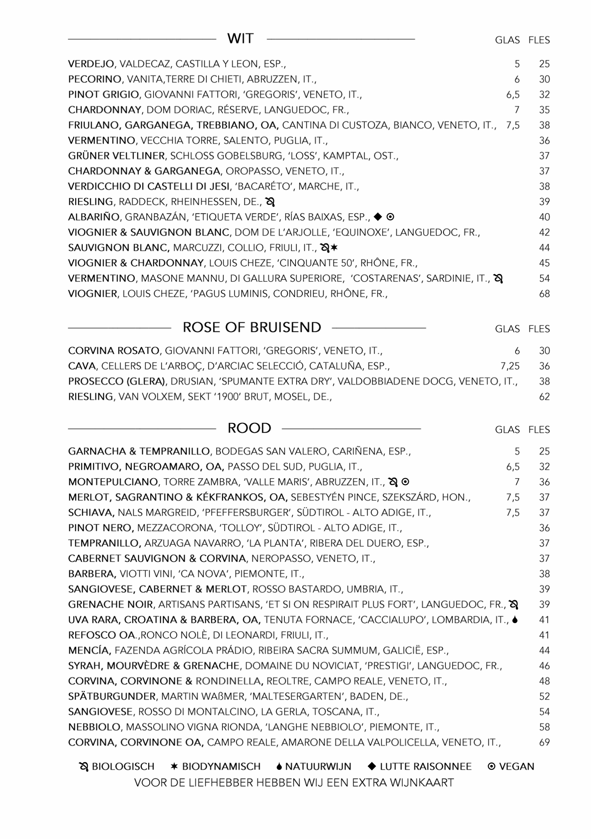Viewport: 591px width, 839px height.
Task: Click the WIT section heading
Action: (x=240, y=39)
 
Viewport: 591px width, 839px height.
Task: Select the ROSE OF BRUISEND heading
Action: (x=252, y=327)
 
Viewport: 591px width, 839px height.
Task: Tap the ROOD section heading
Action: (x=249, y=428)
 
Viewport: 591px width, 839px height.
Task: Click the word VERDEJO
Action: (x=91, y=64)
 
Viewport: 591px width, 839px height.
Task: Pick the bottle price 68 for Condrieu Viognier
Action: (x=544, y=294)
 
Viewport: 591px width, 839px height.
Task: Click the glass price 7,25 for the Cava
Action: (x=510, y=366)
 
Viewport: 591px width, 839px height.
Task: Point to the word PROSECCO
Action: (x=96, y=381)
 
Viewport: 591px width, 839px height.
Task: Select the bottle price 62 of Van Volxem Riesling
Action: (x=544, y=397)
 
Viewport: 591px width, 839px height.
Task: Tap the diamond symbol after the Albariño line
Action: (x=378, y=217)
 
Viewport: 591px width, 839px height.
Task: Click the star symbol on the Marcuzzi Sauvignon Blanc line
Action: (x=334, y=248)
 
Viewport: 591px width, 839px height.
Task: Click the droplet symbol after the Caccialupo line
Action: (x=515, y=620)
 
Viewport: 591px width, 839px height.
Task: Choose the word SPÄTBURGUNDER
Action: (x=112, y=696)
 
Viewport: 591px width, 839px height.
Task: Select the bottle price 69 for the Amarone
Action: (x=544, y=743)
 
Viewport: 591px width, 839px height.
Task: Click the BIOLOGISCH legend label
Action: (x=123, y=767)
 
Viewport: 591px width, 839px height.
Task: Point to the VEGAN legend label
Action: (x=517, y=767)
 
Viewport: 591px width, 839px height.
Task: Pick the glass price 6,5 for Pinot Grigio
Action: (x=513, y=95)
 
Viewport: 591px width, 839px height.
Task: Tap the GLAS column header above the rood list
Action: (x=507, y=430)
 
